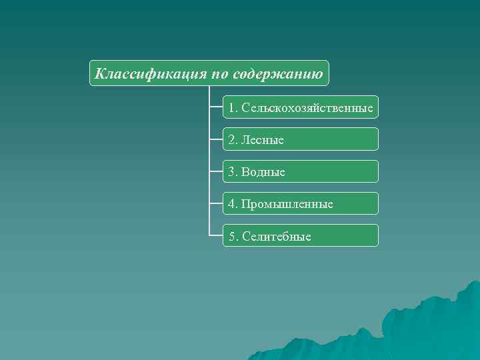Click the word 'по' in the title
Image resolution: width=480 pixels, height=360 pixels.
coord(221,73)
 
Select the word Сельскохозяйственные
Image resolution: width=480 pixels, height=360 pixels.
coord(307,107)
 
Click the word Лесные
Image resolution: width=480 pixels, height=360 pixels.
coord(263,140)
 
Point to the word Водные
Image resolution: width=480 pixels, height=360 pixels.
coord(263,172)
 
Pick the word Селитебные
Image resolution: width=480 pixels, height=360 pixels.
coord(277,236)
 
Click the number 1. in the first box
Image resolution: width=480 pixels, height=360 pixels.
coord(233,107)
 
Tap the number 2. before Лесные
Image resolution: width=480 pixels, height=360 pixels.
coord(233,140)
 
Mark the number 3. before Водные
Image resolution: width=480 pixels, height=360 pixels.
coord(233,172)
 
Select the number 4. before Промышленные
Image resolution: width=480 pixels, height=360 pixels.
coord(233,204)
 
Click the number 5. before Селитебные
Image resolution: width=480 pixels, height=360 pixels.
coord(233,236)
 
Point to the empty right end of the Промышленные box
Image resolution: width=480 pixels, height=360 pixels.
coord(360,203)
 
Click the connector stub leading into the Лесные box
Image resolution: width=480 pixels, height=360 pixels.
coord(216,139)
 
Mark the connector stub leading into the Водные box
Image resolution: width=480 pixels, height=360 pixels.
coord(216,171)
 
